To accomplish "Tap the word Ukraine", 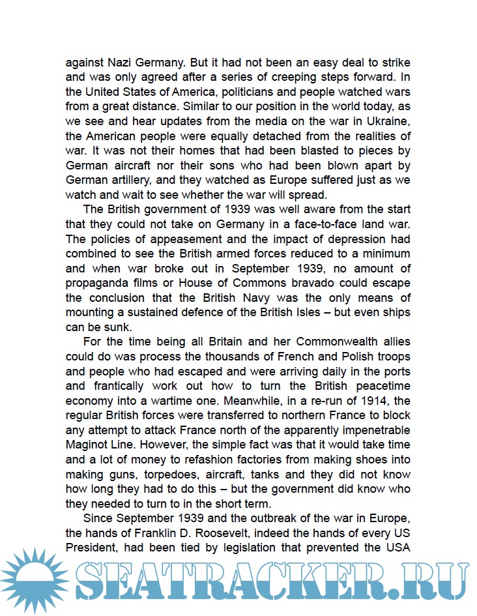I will pos(388,122).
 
